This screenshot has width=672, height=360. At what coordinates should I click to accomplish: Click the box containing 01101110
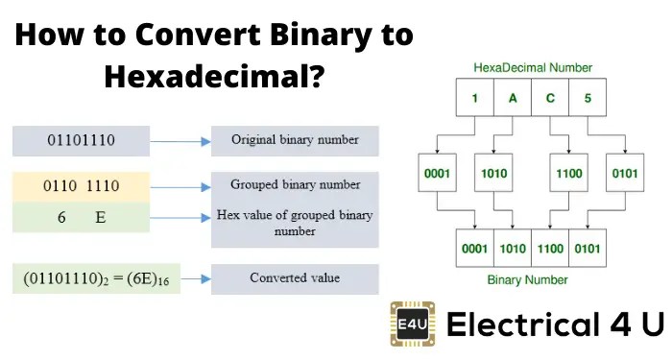point(81,140)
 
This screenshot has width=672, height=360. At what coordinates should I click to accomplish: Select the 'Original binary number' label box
point(295,140)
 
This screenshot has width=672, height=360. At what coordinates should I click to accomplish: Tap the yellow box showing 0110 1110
point(81,185)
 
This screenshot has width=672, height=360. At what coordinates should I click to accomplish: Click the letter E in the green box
point(100,218)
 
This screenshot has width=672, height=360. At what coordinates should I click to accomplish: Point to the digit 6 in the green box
point(60,218)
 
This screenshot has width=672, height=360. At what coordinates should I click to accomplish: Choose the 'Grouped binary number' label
point(295,184)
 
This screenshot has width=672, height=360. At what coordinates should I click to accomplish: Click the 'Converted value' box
point(295,278)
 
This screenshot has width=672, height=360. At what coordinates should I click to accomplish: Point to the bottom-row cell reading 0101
point(587,247)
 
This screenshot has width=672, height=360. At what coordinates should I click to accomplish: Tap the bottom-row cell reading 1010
point(512,247)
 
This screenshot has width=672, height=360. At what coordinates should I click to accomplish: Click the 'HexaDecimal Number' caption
point(533,67)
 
